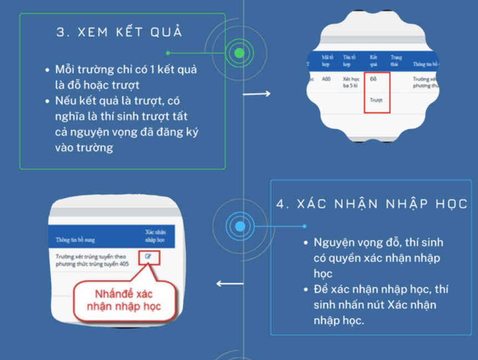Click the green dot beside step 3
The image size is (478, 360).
[239, 53]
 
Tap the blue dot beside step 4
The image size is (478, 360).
[240, 226]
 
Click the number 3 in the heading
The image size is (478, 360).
[60, 32]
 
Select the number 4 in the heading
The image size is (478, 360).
[281, 203]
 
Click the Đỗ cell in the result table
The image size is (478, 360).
[373, 79]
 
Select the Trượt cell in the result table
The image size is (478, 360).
[376, 101]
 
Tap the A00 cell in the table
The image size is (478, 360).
[326, 79]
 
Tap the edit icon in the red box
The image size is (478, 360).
[148, 257]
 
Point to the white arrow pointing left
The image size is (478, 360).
[229, 284]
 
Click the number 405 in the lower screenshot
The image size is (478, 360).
[124, 264]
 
